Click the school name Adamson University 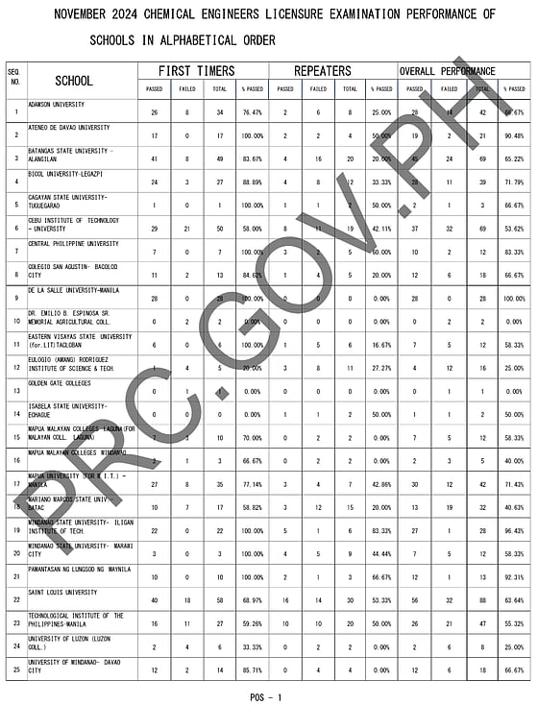[x=55, y=103]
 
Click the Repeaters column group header [x=323, y=71]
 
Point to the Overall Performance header [x=453, y=71]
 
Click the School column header [x=74, y=81]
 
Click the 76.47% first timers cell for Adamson [x=254, y=112]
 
